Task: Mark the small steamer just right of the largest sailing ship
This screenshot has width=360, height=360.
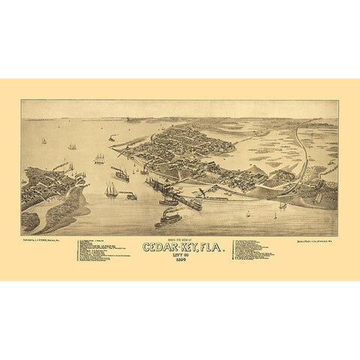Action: tap(131, 196)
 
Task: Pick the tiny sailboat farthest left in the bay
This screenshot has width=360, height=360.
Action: tap(44, 141)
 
